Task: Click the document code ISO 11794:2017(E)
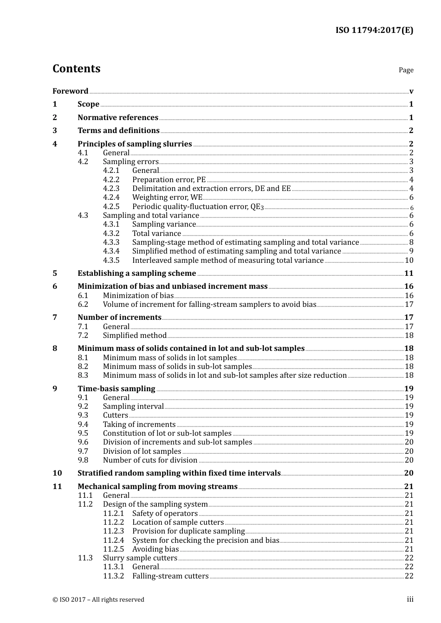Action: (374, 31)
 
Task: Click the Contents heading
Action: (76, 69)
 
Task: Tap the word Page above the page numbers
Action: (406, 70)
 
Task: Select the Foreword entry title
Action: (70, 91)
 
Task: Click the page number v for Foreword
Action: (411, 91)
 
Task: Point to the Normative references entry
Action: (118, 117)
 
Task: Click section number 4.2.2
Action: (111, 180)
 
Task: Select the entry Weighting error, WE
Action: (167, 197)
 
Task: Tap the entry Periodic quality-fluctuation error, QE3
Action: (198, 207)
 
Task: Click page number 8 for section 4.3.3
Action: (411, 242)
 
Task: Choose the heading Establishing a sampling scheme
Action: (136, 273)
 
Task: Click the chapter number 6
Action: (55, 286)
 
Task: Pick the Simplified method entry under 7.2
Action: (135, 336)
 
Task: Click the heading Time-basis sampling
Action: (116, 389)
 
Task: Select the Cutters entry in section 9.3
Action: (115, 415)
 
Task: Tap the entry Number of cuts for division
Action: (150, 460)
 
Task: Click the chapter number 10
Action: (57, 473)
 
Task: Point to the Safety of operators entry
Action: (165, 514)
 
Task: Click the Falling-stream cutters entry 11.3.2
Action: (170, 576)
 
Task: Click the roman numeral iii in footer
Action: (410, 599)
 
